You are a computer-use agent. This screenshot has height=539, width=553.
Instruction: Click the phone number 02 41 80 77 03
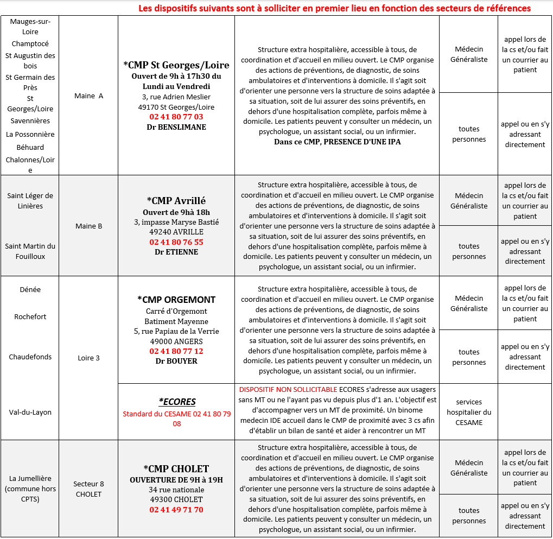(176, 117)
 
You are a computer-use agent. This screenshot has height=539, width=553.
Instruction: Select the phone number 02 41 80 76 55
(176, 242)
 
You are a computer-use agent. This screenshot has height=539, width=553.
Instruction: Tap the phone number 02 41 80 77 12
(176, 351)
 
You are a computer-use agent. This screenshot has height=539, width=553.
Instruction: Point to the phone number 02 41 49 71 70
(176, 510)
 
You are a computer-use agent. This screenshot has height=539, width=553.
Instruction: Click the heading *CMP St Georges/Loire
(176, 65)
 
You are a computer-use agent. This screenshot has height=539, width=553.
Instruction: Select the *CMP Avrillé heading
(176, 200)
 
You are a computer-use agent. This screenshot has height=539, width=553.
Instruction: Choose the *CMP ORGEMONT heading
(176, 300)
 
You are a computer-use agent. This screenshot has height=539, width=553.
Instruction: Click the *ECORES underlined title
(177, 402)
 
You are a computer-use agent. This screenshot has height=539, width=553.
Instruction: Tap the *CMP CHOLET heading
(176, 468)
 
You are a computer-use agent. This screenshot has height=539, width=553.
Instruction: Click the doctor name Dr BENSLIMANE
(176, 127)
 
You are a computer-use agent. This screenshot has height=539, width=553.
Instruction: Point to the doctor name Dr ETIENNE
(176, 252)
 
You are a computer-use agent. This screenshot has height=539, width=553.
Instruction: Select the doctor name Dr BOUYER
(176, 361)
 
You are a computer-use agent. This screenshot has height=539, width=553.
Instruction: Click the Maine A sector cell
(88, 96)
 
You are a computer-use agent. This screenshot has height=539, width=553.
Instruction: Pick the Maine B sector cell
(88, 226)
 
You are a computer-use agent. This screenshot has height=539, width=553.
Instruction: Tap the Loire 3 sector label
(89, 358)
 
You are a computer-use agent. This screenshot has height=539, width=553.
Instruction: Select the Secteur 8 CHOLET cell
(88, 489)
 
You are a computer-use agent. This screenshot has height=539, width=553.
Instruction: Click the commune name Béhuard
(30, 147)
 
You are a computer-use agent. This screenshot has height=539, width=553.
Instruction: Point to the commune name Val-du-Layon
(30, 412)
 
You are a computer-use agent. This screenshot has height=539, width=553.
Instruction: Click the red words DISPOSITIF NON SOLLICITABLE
(288, 390)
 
